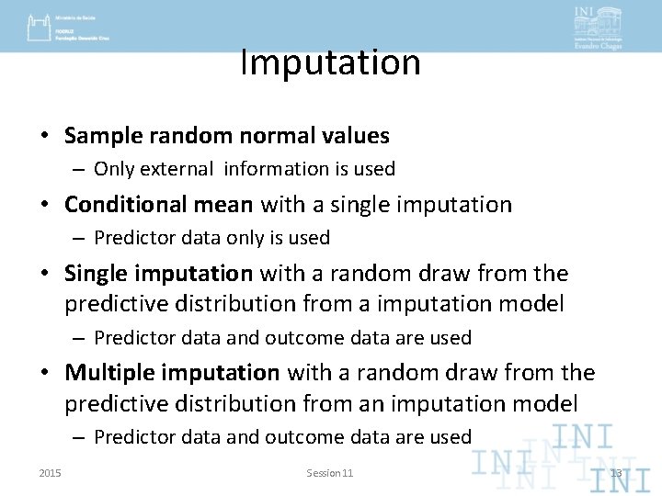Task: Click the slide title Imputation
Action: [x=330, y=62]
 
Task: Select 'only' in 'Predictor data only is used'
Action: [x=243, y=238]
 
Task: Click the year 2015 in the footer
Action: [x=51, y=473]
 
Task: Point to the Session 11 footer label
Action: [x=330, y=473]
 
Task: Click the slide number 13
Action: [x=616, y=473]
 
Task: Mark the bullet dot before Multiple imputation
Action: [x=44, y=374]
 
